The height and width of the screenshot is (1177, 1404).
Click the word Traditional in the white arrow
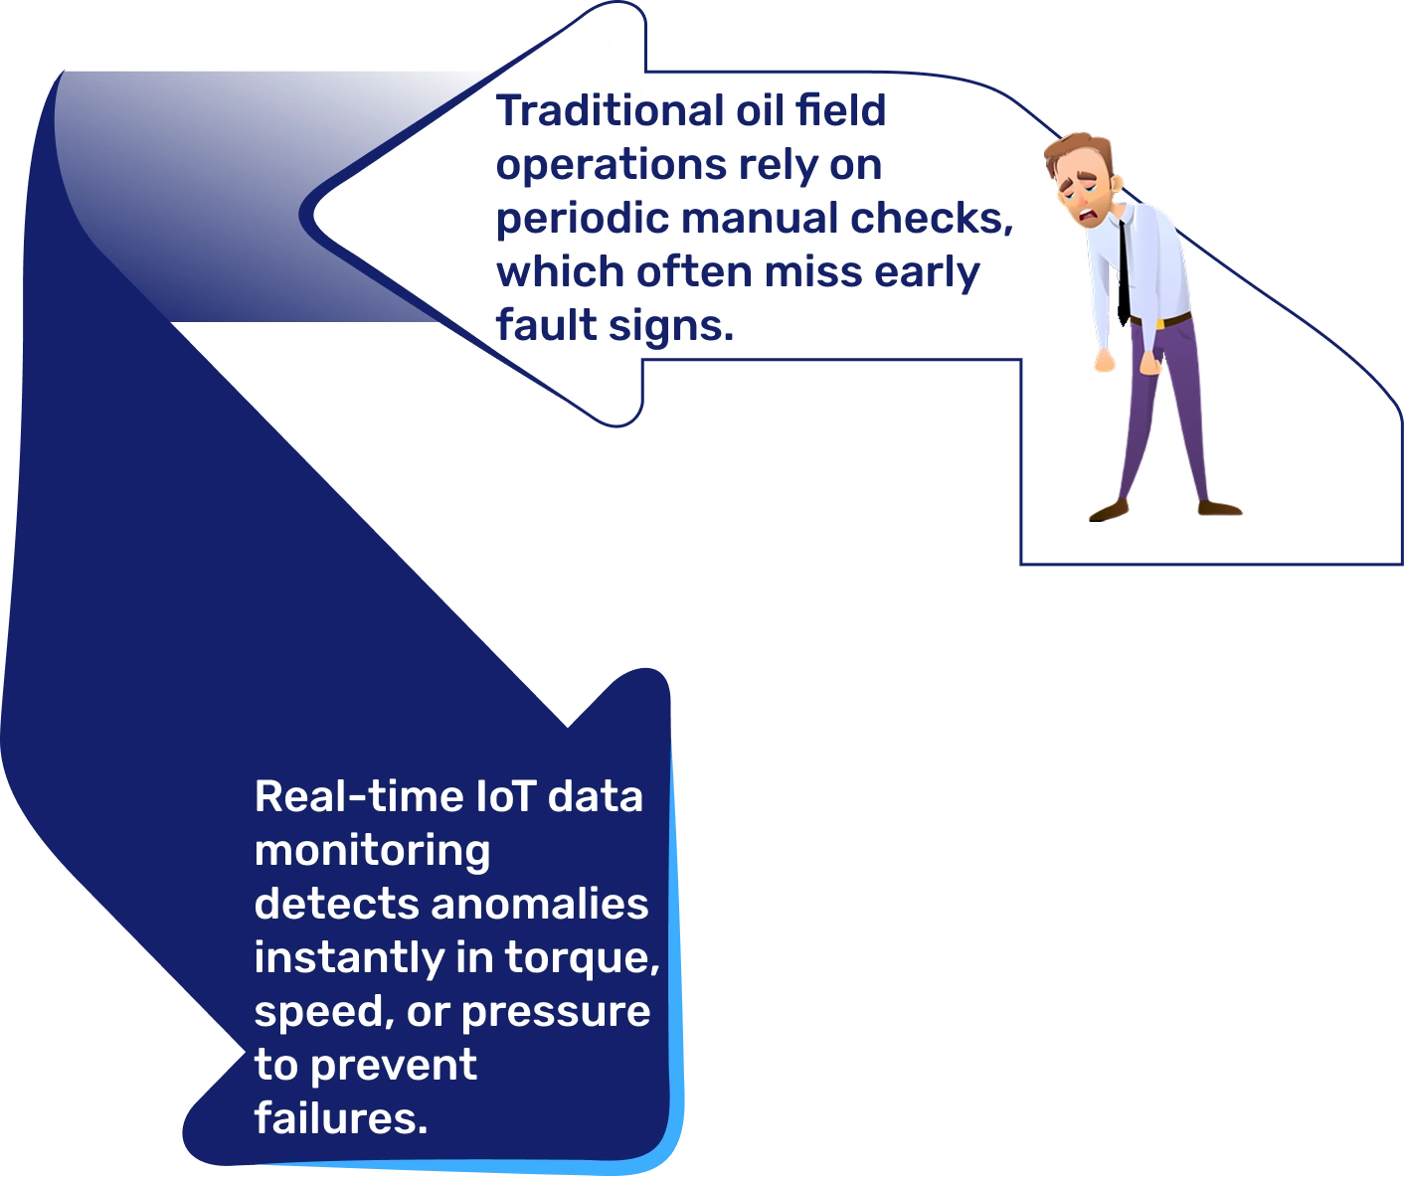(610, 110)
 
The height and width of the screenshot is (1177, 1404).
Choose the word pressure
(556, 1012)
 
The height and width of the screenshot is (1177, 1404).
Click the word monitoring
(372, 851)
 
